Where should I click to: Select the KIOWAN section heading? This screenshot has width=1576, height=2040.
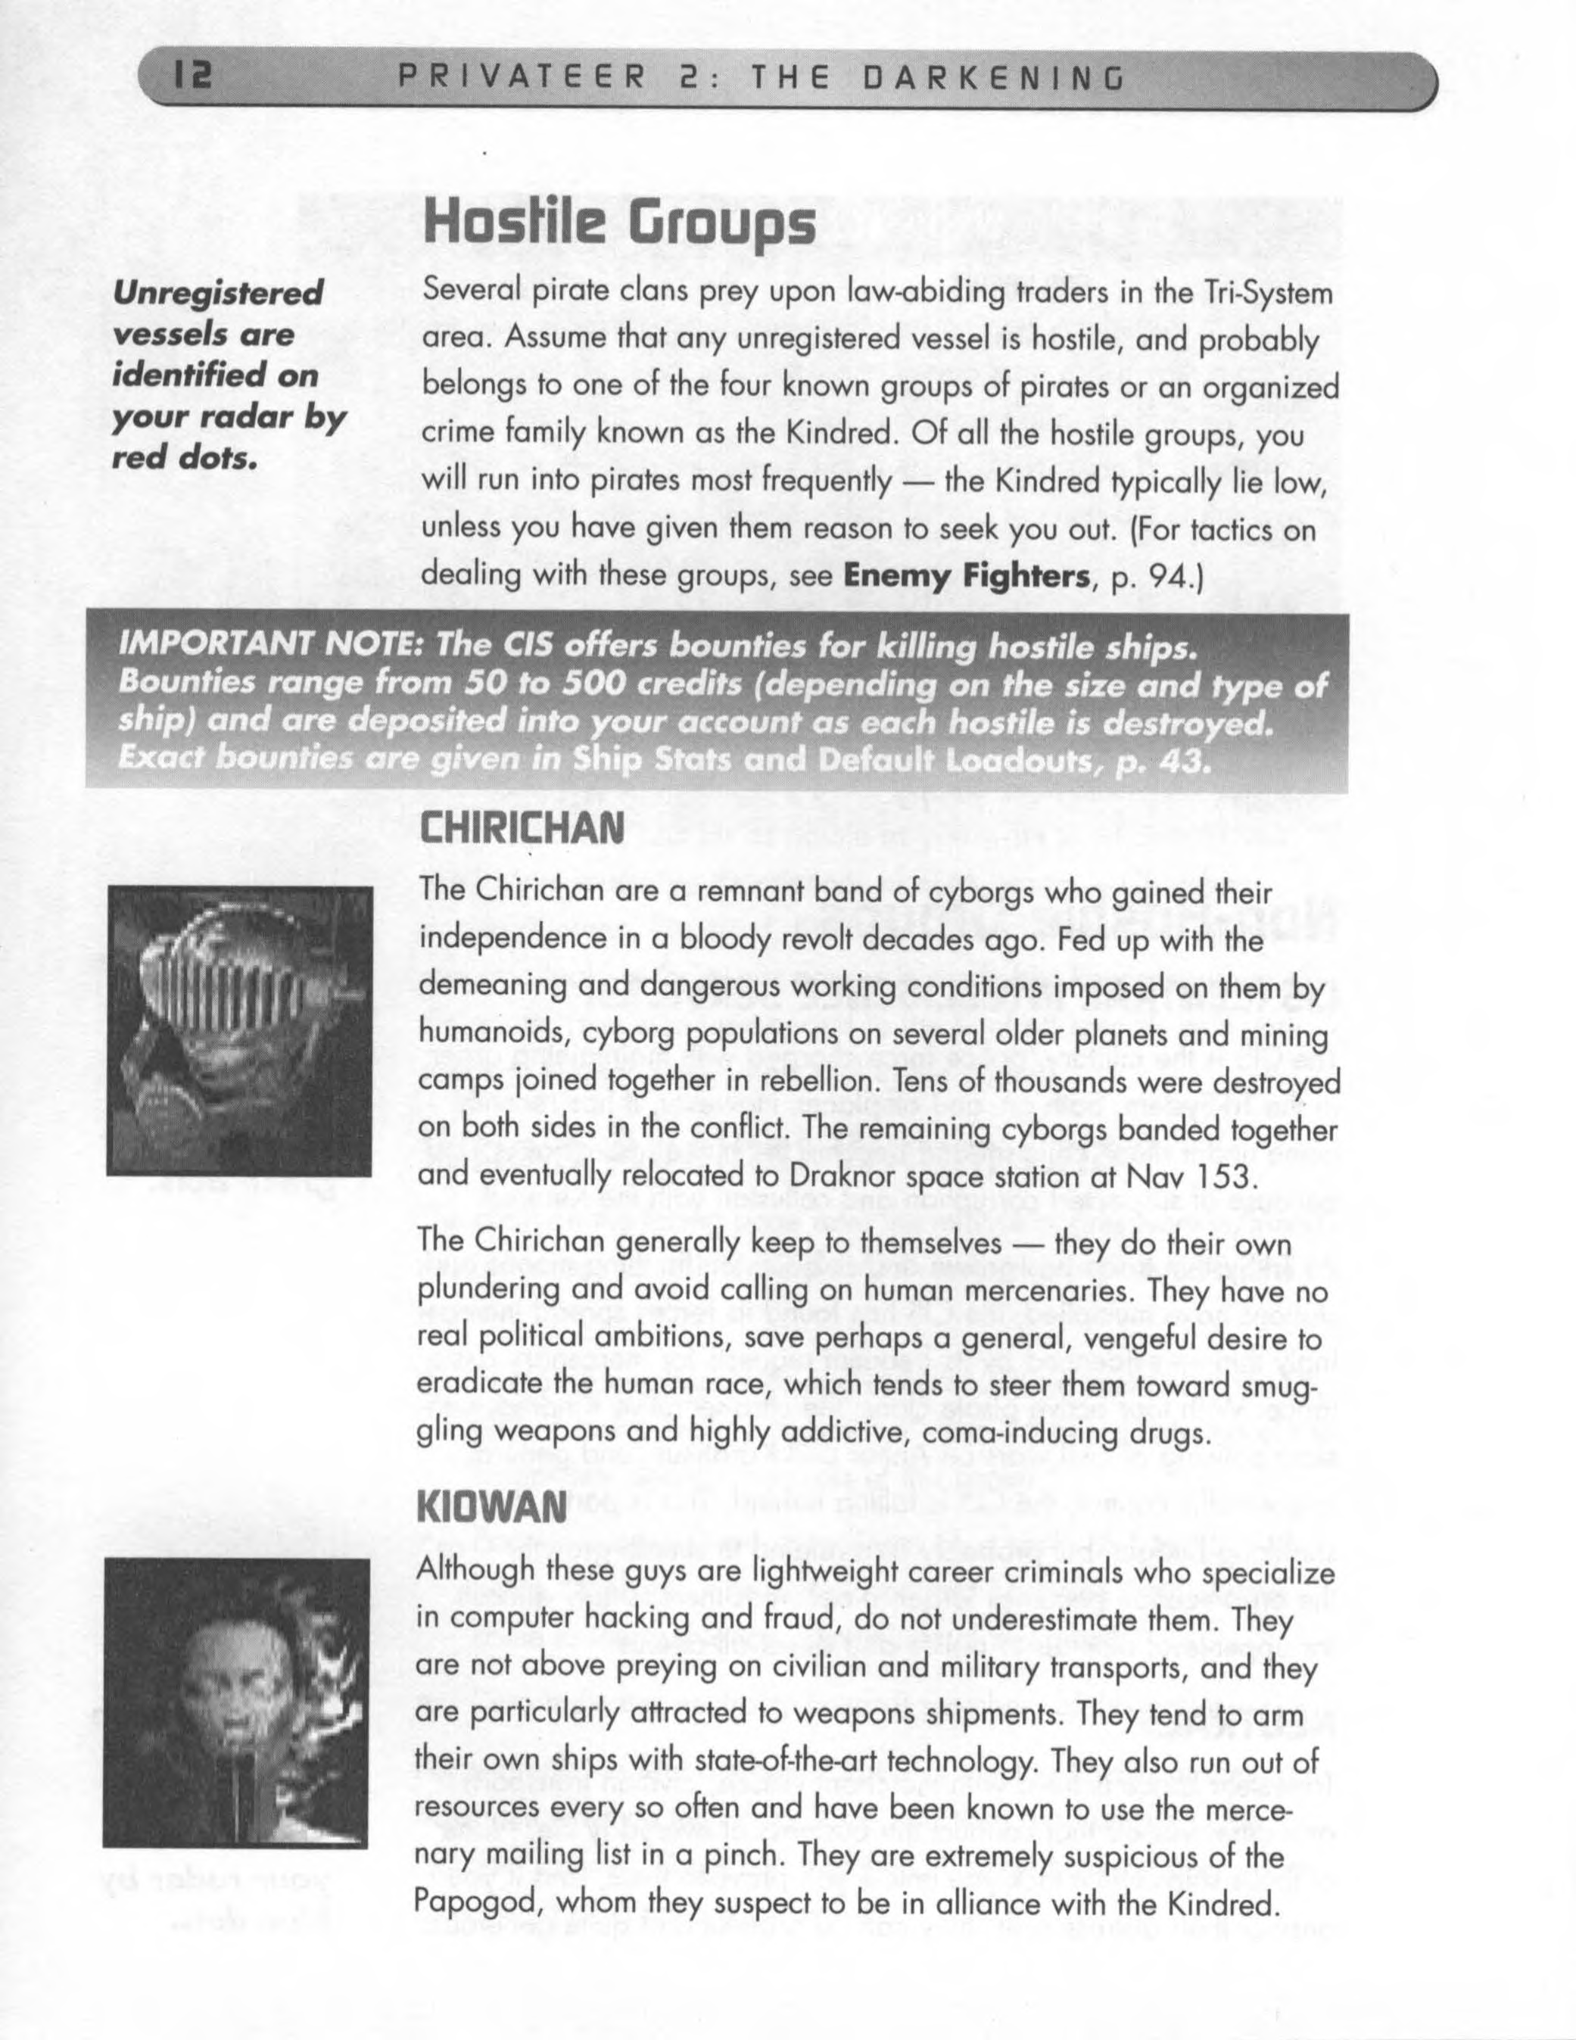coord(492,1506)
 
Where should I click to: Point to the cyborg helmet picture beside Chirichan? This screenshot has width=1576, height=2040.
coord(239,1030)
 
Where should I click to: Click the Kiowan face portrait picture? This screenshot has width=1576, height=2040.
coord(235,1689)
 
